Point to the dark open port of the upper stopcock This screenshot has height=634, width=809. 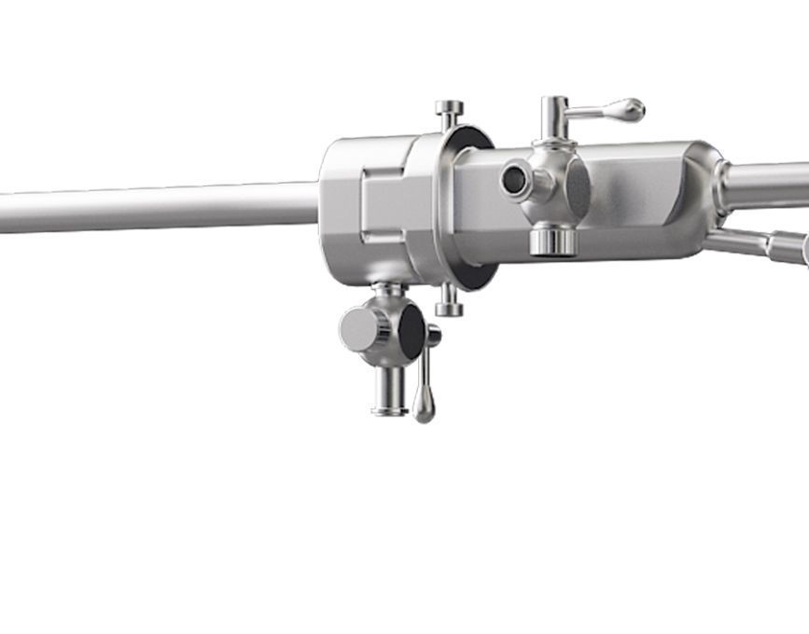513,180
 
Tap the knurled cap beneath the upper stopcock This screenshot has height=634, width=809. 553,241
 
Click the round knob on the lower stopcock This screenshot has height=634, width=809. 358,329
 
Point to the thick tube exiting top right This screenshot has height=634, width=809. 770,186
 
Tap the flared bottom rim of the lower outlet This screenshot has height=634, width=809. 389,409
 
